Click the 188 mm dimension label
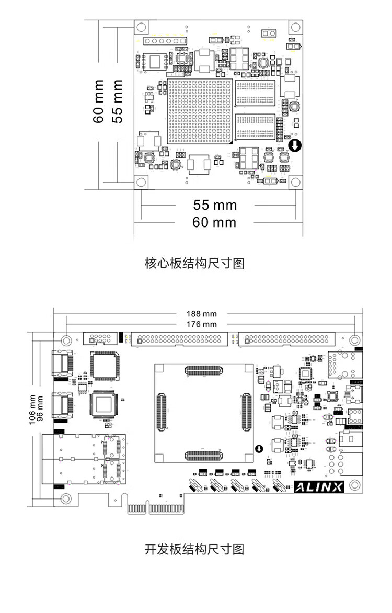coord(202,314)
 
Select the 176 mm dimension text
coord(202,324)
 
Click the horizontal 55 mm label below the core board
coord(215,205)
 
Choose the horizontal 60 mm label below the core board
coord(214,222)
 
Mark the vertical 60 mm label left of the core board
coord(99,101)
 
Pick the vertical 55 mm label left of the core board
coord(118,101)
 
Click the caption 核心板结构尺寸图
coord(194,263)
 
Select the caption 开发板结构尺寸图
coord(194,549)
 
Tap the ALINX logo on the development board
coord(319,487)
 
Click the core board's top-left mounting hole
coord(141,27)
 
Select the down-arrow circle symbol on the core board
coord(295,145)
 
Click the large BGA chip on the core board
coord(199,111)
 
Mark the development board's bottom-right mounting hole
coord(355,484)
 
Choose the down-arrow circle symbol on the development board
coord(259,449)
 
